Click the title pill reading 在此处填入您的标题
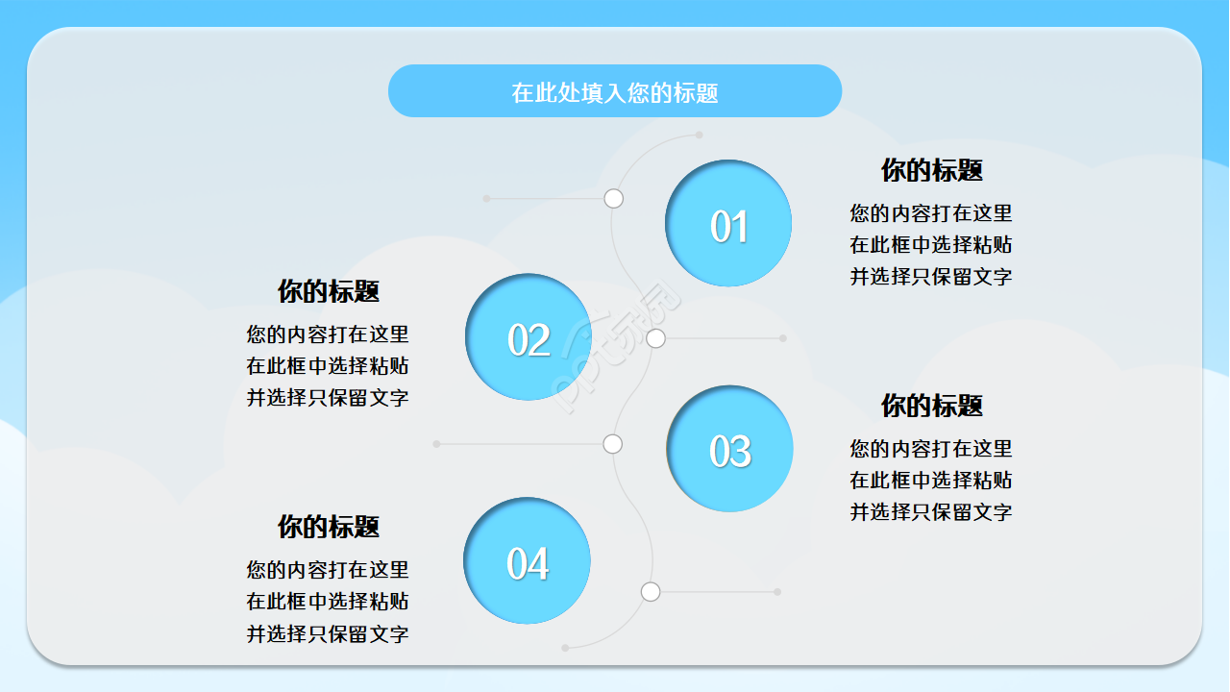click(x=615, y=91)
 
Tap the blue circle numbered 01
click(x=728, y=223)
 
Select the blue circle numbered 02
click(x=528, y=337)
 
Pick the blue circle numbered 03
click(x=729, y=449)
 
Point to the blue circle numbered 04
click(x=528, y=561)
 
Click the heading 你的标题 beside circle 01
click(x=931, y=170)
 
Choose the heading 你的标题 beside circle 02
click(x=329, y=291)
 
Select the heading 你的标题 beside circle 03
click(x=931, y=406)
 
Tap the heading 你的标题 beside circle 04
click(x=329, y=527)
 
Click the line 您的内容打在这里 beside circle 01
click(x=931, y=213)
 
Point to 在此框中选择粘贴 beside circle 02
click(x=328, y=366)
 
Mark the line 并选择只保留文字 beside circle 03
click(x=931, y=512)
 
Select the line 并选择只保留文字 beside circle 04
click(x=328, y=634)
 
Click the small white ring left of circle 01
click(x=614, y=199)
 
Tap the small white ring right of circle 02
click(x=656, y=338)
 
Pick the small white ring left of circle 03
click(x=613, y=444)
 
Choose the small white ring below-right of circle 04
click(x=651, y=592)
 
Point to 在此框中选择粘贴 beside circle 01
click(x=931, y=245)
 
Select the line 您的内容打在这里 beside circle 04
click(x=328, y=570)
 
